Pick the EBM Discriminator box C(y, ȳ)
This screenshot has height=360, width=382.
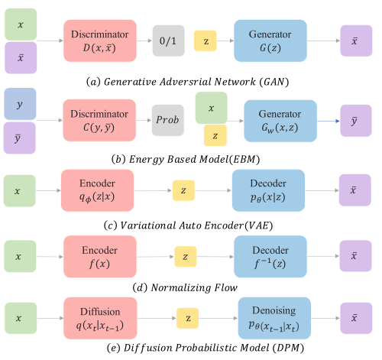pyautogui.click(x=99, y=119)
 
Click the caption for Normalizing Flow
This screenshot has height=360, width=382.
pyautogui.click(x=192, y=287)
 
